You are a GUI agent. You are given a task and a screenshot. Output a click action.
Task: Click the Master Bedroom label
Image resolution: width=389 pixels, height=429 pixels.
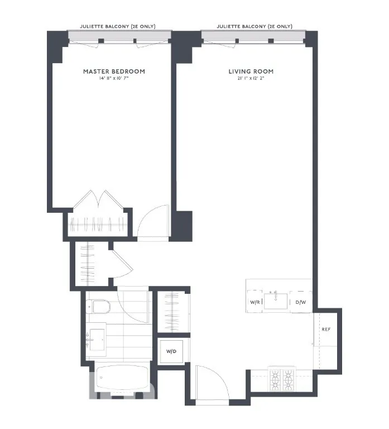click(114, 71)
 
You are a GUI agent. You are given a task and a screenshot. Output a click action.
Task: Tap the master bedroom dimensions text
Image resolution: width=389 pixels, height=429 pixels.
click(114, 79)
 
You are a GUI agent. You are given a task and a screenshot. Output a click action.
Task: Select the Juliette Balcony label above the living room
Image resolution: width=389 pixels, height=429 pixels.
click(254, 26)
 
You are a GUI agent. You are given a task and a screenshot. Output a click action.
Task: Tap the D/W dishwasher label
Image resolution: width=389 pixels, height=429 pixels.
click(301, 302)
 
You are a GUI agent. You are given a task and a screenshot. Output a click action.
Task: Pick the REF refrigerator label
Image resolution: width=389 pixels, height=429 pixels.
click(326, 329)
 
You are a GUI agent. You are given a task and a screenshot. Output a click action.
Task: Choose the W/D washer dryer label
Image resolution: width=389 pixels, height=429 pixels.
click(170, 352)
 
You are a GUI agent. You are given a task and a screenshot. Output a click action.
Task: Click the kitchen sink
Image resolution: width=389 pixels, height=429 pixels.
click(275, 301)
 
